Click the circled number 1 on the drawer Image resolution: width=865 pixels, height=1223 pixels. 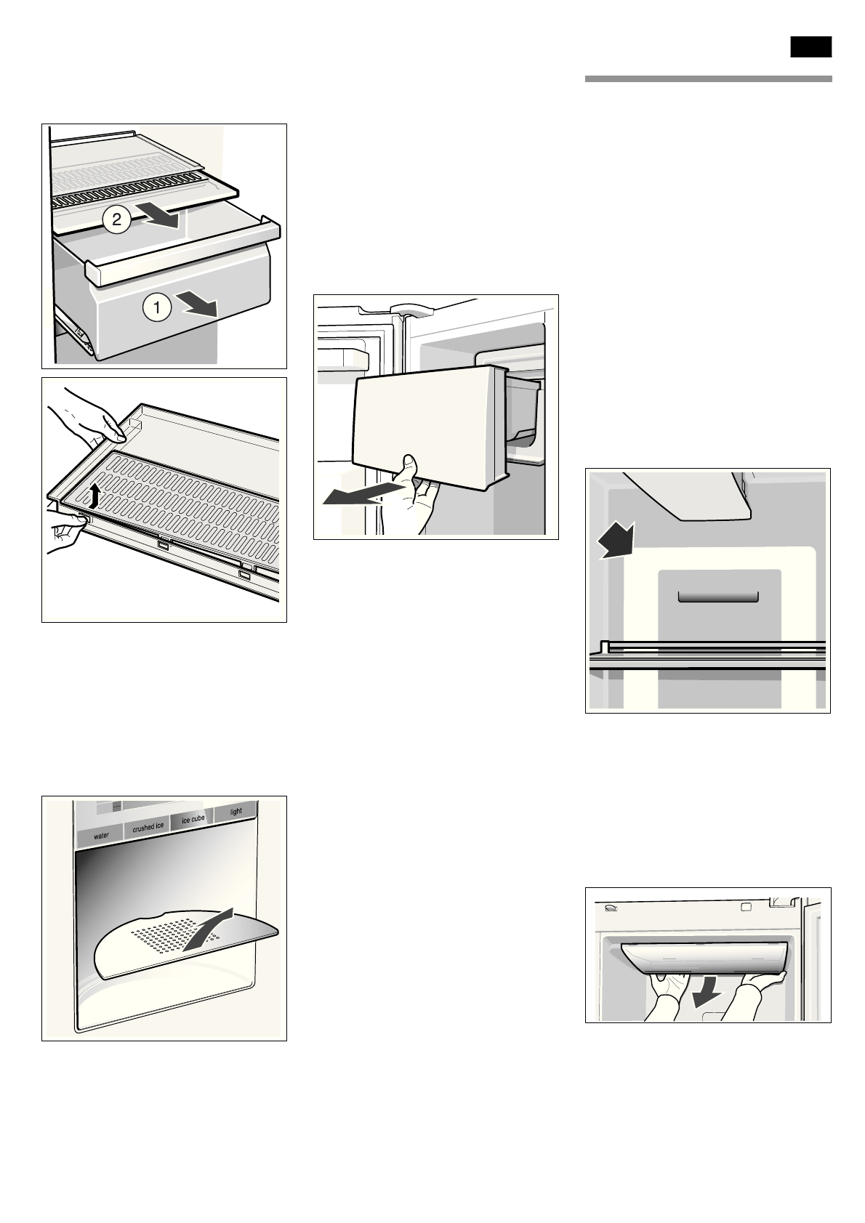(x=156, y=307)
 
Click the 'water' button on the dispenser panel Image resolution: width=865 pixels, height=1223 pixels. (x=101, y=836)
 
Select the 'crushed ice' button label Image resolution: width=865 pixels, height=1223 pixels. (x=148, y=828)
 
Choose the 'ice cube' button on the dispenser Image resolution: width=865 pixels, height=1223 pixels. (x=193, y=820)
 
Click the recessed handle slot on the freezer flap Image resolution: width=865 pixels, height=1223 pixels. (x=717, y=597)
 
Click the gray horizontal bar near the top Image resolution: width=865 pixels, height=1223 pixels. (x=708, y=79)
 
